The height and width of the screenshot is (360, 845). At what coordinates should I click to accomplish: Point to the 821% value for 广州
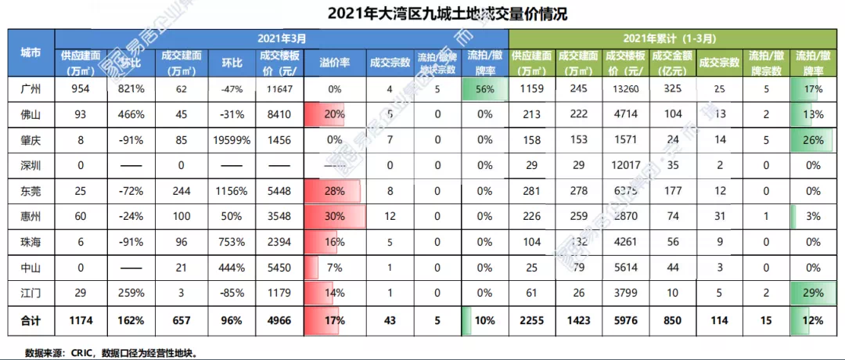click(x=131, y=89)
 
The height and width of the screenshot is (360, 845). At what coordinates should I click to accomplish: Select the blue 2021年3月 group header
click(x=282, y=38)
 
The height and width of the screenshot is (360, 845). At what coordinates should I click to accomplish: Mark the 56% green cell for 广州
click(x=484, y=89)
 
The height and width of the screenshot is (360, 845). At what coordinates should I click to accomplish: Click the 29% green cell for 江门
click(x=813, y=293)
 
